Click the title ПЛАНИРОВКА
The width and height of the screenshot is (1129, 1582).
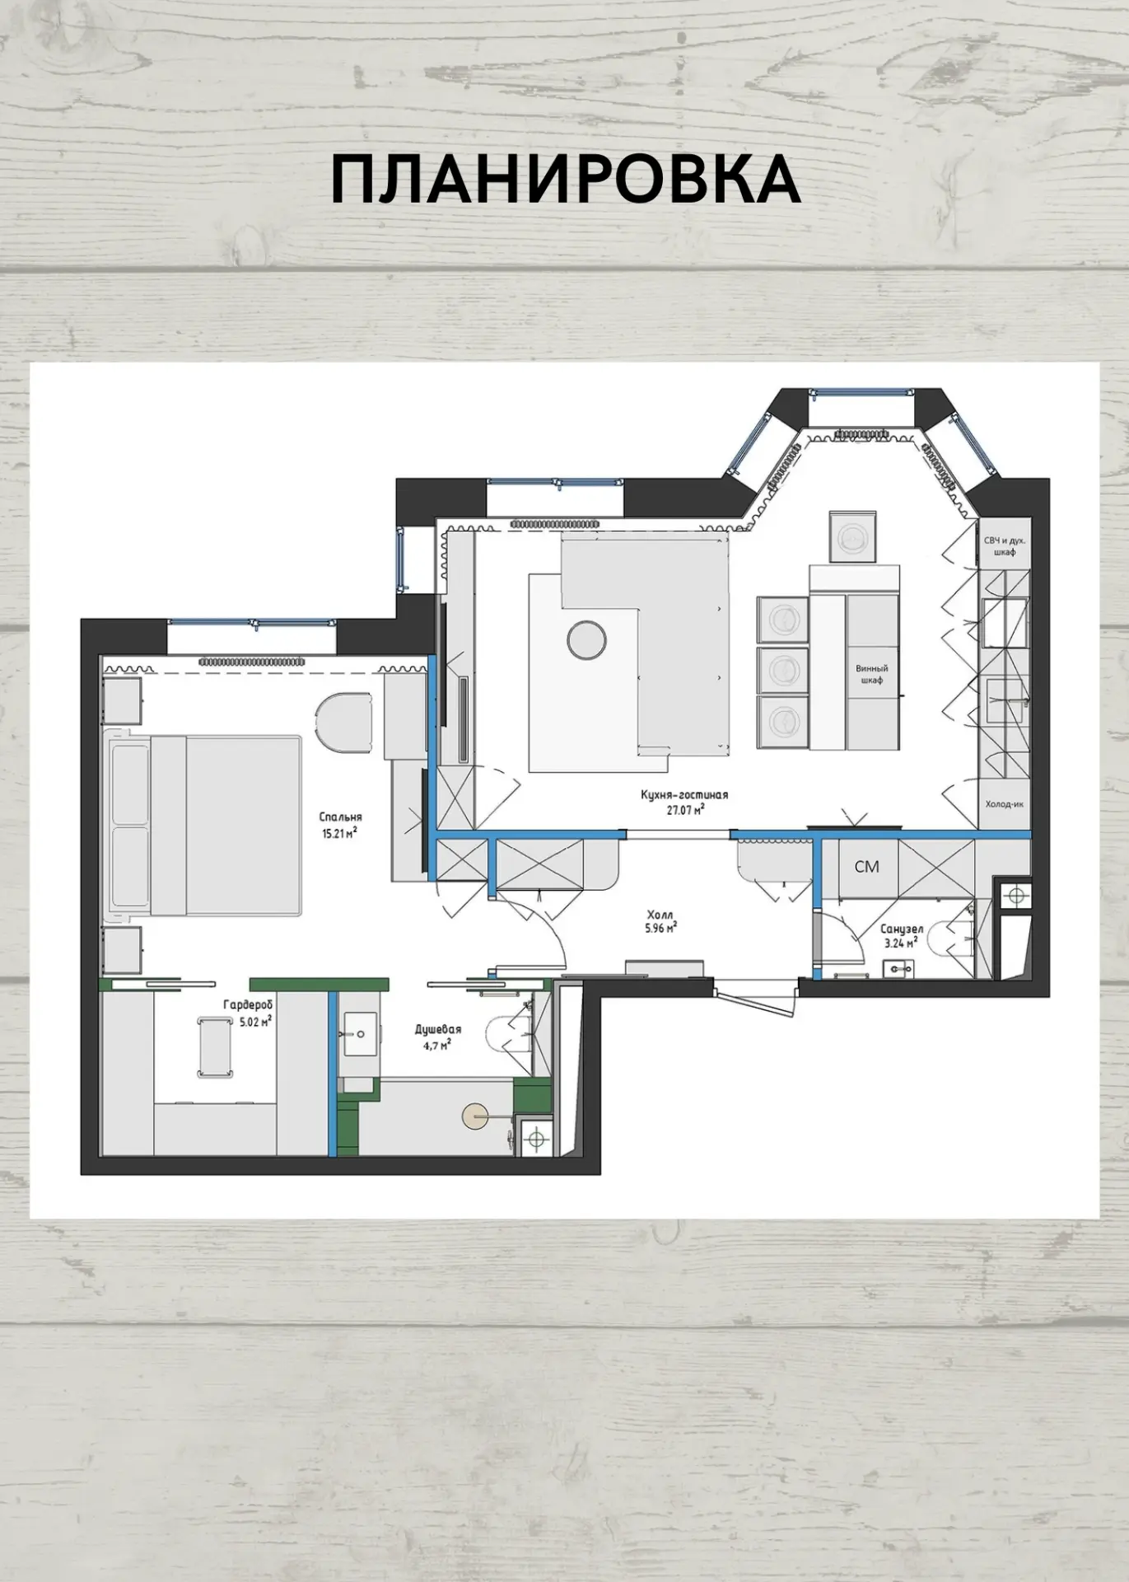pyautogui.click(x=566, y=179)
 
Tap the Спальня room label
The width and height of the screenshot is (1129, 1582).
pyautogui.click(x=341, y=817)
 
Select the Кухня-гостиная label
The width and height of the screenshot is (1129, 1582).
pyautogui.click(x=684, y=795)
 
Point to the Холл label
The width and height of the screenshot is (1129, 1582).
pyautogui.click(x=660, y=915)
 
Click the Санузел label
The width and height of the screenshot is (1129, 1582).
pyautogui.click(x=902, y=929)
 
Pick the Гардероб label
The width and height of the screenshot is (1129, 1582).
pyautogui.click(x=248, y=1005)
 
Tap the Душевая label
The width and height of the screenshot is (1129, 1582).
pyautogui.click(x=438, y=1029)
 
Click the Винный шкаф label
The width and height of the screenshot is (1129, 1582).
pyautogui.click(x=871, y=675)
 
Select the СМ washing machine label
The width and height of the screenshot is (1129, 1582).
pyautogui.click(x=866, y=866)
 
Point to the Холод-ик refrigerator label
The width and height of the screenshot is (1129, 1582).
pyautogui.click(x=1004, y=804)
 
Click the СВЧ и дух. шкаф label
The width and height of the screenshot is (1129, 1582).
pyautogui.click(x=1005, y=546)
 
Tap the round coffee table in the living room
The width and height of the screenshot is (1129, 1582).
pyautogui.click(x=586, y=639)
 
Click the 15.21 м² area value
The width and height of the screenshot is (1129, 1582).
pyautogui.click(x=341, y=832)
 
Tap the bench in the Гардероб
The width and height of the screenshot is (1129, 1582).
pyautogui.click(x=215, y=1047)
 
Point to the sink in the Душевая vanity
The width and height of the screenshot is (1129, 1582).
pyautogui.click(x=358, y=1034)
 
